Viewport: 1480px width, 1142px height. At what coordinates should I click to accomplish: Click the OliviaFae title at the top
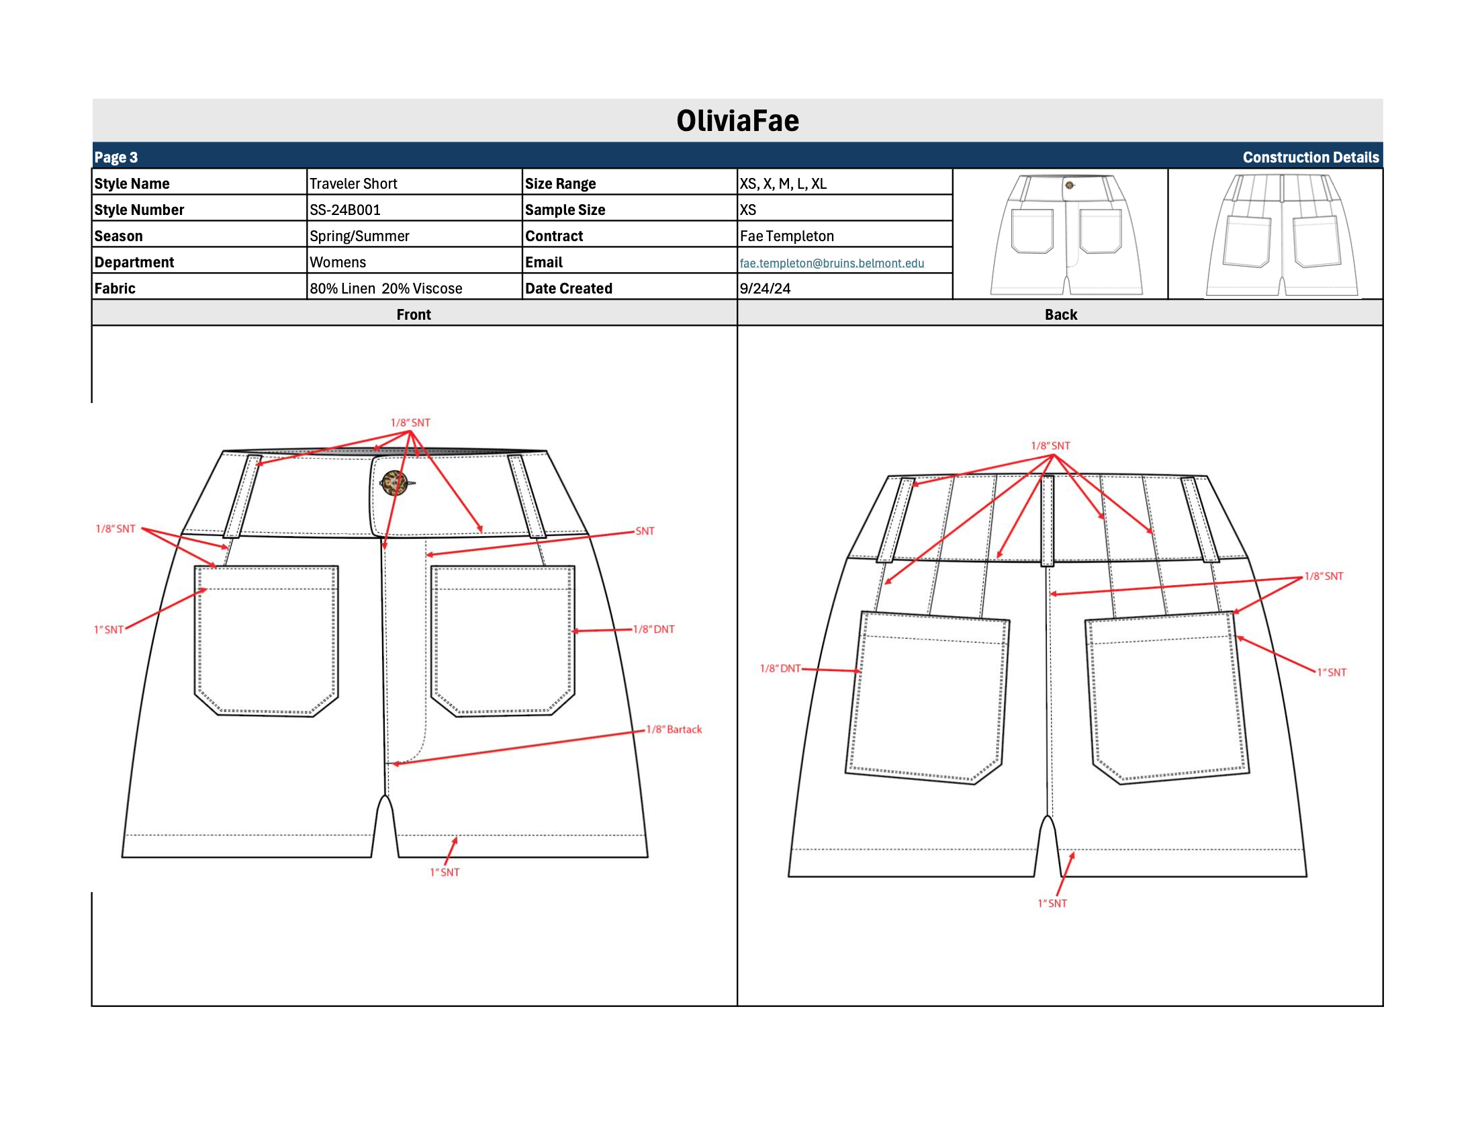tap(737, 121)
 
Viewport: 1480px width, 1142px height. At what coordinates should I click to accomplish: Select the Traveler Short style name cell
tap(353, 183)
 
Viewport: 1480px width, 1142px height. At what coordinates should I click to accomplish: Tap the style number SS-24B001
tap(345, 210)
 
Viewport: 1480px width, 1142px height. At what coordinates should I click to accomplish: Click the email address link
tap(831, 263)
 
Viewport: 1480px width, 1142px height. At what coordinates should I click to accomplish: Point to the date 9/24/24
tap(764, 289)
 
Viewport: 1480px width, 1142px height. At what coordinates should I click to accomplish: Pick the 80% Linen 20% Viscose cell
tap(385, 289)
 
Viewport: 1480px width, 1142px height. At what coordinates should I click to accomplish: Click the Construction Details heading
tap(1310, 157)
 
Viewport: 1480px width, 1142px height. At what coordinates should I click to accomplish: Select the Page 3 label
tap(116, 157)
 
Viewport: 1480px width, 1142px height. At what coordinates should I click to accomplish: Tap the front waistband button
tap(394, 483)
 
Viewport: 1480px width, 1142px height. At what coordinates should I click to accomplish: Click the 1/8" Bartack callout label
tap(674, 730)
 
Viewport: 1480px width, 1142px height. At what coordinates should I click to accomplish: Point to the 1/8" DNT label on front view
tap(653, 629)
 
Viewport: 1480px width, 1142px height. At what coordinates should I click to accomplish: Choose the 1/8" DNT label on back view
tap(780, 668)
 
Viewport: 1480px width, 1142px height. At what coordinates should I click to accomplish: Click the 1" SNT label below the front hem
tap(445, 872)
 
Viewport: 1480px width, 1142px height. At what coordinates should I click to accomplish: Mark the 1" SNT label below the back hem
tap(1052, 904)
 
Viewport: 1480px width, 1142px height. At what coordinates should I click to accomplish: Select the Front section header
tap(414, 314)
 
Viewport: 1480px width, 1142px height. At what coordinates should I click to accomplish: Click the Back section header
tap(1060, 314)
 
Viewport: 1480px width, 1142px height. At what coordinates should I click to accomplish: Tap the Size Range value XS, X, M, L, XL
tap(783, 183)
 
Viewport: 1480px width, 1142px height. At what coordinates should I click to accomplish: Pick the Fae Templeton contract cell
tap(787, 236)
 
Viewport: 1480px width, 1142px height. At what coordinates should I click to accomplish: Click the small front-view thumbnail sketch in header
tap(1066, 234)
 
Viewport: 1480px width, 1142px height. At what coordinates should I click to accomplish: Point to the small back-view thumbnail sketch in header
tap(1281, 234)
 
